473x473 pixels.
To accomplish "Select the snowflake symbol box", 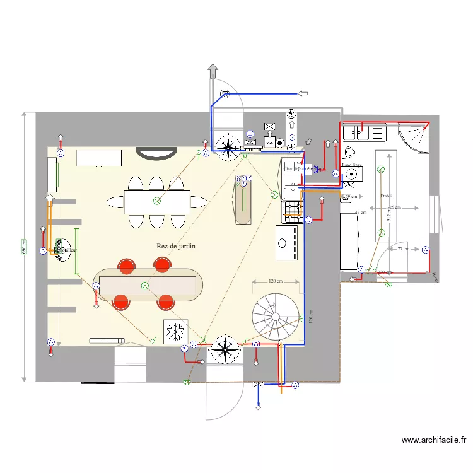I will [x=175, y=331].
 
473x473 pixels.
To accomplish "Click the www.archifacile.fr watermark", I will [x=433, y=440].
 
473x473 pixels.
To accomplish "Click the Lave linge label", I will [x=352, y=165].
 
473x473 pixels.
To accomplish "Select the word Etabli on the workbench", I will [x=386, y=196].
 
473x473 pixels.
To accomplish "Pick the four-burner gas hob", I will [x=293, y=209].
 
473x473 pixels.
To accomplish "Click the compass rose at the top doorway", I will [x=226, y=146].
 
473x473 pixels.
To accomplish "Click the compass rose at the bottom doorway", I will [x=225, y=349].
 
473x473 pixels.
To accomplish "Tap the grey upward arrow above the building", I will [x=213, y=71].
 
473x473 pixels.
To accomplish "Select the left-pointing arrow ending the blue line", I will [x=303, y=94].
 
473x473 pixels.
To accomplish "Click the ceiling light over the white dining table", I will [x=157, y=201].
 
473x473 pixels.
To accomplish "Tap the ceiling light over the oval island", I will [x=145, y=286].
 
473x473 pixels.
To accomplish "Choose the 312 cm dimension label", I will [x=389, y=214].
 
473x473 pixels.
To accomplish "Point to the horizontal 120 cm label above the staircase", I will [x=274, y=281].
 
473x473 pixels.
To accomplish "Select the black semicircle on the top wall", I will [x=158, y=152].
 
